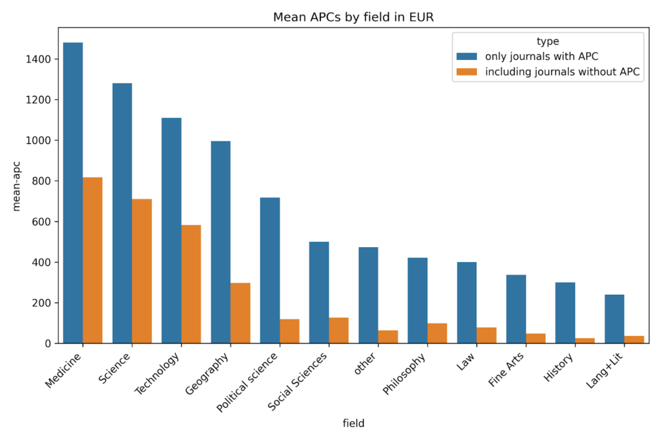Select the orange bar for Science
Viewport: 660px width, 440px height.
[x=142, y=271]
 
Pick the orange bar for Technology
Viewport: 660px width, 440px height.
[x=191, y=284]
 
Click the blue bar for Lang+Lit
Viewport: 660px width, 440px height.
[x=614, y=319]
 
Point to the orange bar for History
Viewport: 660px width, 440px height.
[x=585, y=340]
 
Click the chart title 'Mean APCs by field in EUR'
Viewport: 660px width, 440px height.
[x=353, y=17]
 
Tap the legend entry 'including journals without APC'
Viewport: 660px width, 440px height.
[x=562, y=72]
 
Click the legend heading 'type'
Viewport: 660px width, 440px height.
[x=548, y=41]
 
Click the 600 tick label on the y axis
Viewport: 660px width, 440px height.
[x=42, y=222]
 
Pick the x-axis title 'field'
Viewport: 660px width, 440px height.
[x=353, y=424]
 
